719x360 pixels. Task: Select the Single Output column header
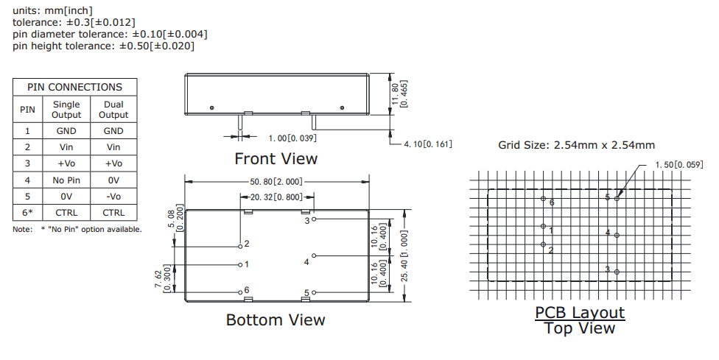[66, 110]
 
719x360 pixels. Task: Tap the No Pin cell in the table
[66, 180]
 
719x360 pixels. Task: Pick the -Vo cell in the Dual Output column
[113, 196]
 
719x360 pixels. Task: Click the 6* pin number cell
[27, 213]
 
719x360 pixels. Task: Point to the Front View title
[276, 158]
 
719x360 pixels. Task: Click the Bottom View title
[275, 320]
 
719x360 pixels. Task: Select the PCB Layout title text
[580, 312]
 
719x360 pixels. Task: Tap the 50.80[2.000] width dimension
[276, 180]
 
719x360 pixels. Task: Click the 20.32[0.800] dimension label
[276, 197]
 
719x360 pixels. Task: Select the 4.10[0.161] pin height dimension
[428, 144]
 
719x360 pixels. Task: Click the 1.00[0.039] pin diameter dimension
[292, 138]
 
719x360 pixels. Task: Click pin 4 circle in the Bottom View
[314, 255]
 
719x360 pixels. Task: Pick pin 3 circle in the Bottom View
[314, 219]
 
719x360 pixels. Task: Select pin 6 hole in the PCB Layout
[543, 200]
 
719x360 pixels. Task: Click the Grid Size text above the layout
[576, 145]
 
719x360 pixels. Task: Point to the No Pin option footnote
[77, 229]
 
